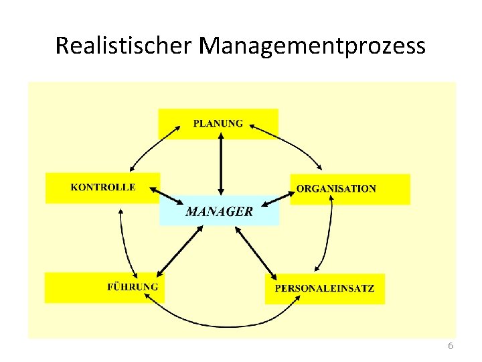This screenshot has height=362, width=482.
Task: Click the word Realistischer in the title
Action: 124,46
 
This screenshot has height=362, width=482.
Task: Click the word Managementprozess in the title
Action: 313,47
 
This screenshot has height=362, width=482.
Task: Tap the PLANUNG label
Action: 218,123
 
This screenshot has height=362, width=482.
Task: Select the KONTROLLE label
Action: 103,187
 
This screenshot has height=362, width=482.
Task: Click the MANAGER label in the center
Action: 220,212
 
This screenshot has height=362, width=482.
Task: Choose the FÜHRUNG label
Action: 133,287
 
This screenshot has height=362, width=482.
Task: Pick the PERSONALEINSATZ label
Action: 325,289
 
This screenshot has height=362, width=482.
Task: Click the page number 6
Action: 450,346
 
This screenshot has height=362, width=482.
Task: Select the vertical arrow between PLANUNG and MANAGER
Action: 221,164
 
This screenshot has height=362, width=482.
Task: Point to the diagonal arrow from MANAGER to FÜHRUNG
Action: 179,251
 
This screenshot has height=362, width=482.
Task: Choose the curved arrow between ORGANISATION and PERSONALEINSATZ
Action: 330,235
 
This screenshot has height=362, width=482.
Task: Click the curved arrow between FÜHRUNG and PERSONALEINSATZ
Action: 221,324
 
